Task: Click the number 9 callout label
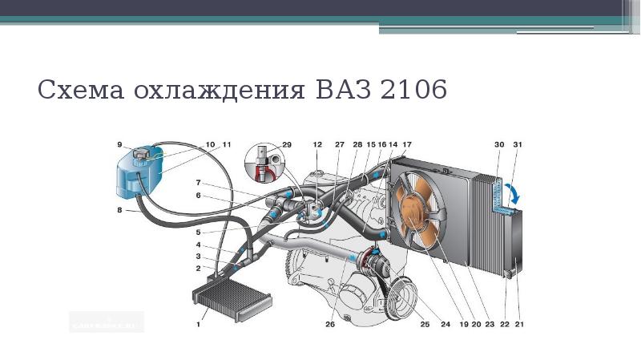(x=119, y=144)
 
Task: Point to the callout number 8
(x=119, y=211)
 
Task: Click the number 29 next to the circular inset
(x=287, y=144)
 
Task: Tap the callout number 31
(x=518, y=144)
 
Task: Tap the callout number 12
(x=318, y=144)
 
